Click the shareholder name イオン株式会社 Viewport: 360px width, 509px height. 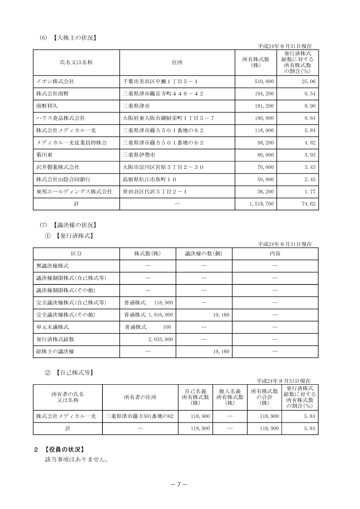[55, 81]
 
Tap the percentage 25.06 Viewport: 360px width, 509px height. [307, 81]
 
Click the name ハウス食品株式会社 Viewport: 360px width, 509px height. [61, 118]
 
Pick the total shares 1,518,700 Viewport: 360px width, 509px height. [262, 204]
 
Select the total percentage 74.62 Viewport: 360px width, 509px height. [307, 204]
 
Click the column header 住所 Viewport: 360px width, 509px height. [177, 62]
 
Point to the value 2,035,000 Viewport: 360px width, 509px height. [160, 339]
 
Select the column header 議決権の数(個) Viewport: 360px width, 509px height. [203, 253]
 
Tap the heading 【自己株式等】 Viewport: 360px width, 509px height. [75, 372]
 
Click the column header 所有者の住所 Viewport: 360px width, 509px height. [140, 397]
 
